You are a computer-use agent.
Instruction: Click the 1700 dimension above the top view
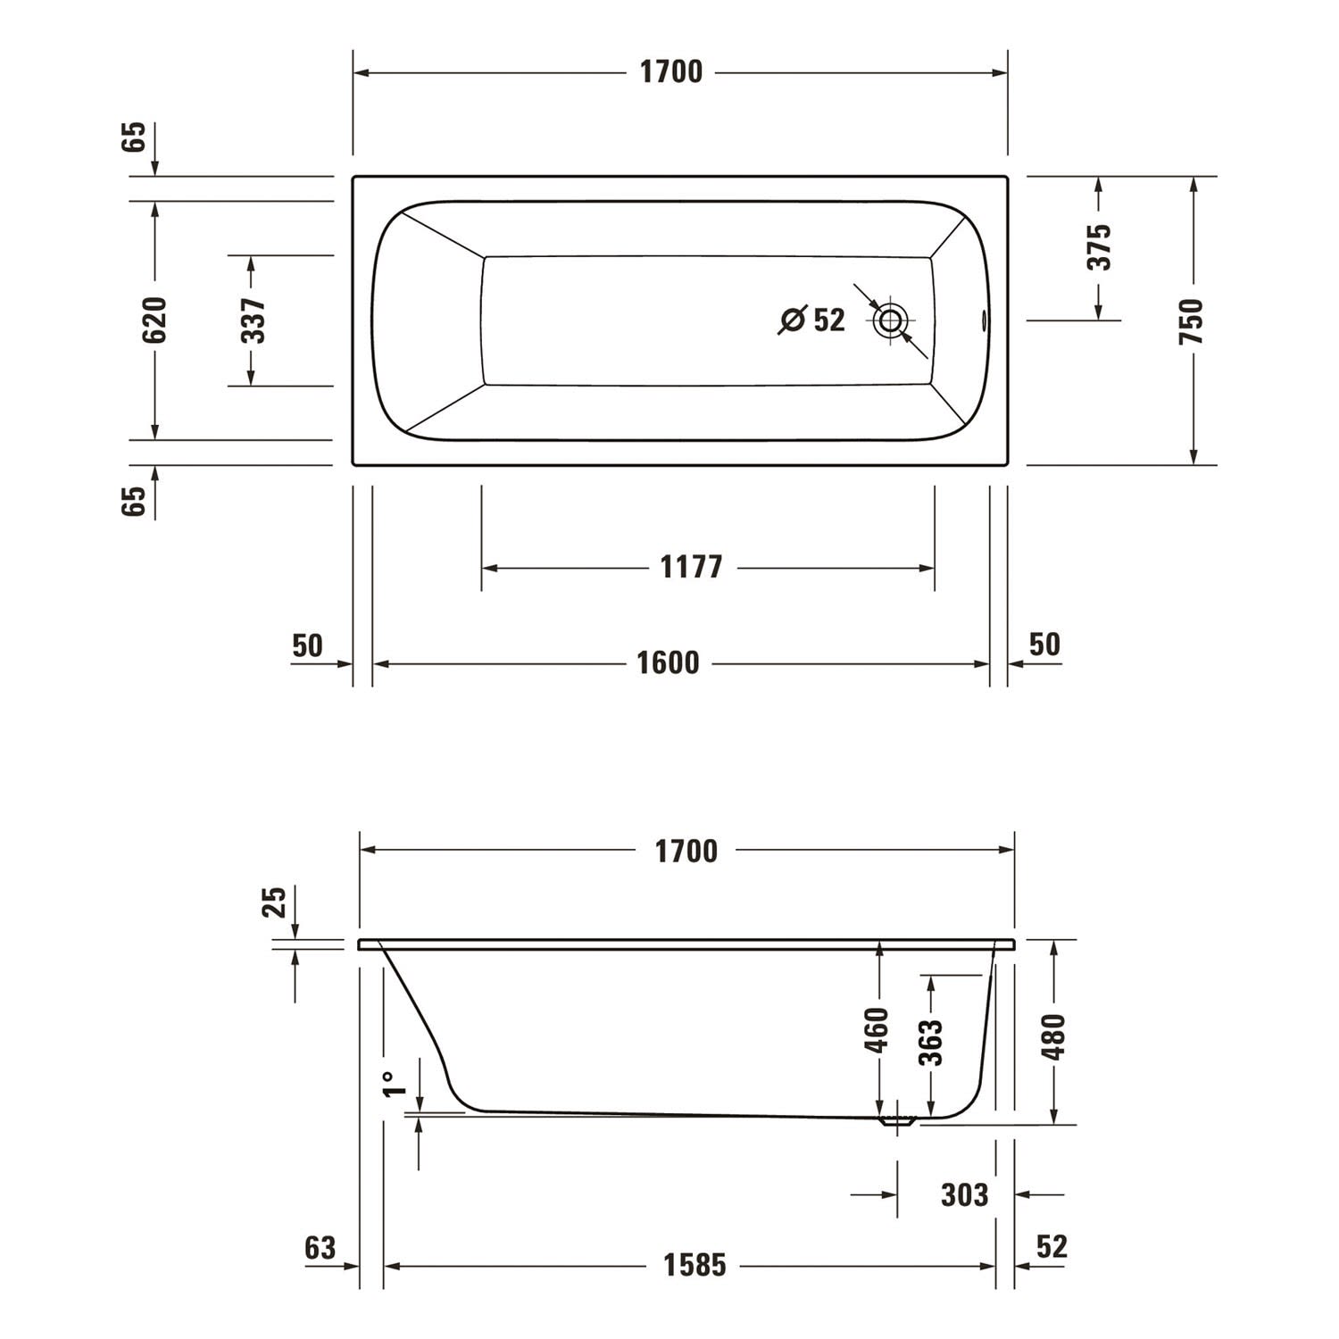click(671, 72)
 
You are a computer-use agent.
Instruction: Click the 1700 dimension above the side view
click(686, 852)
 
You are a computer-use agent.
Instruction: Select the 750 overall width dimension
click(1192, 322)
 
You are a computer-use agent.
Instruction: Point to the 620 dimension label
click(154, 320)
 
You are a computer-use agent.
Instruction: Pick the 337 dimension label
click(253, 320)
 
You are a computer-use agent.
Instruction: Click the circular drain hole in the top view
click(890, 320)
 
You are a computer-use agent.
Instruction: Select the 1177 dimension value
click(691, 567)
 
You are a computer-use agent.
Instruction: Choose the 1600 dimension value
click(668, 663)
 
